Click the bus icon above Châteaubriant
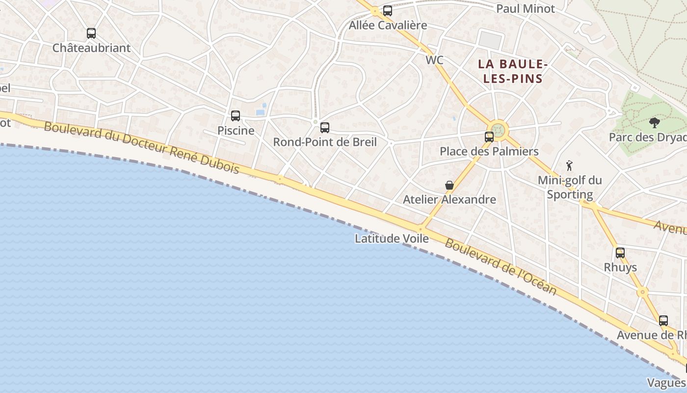point(91,33)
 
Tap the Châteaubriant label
point(91,48)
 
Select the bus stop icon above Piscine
point(236,116)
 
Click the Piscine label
point(236,131)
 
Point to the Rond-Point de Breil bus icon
point(325,128)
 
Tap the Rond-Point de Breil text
point(325,142)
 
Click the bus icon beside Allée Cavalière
point(388,11)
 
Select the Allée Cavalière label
point(388,26)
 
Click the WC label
point(434,60)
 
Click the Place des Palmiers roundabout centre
point(499,130)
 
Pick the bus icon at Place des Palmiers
point(489,137)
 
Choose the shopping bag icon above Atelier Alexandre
point(449,185)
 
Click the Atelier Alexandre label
point(449,200)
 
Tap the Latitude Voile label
point(392,239)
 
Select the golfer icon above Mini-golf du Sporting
point(569,166)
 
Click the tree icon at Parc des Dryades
point(654,122)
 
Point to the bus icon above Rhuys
point(620,253)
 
